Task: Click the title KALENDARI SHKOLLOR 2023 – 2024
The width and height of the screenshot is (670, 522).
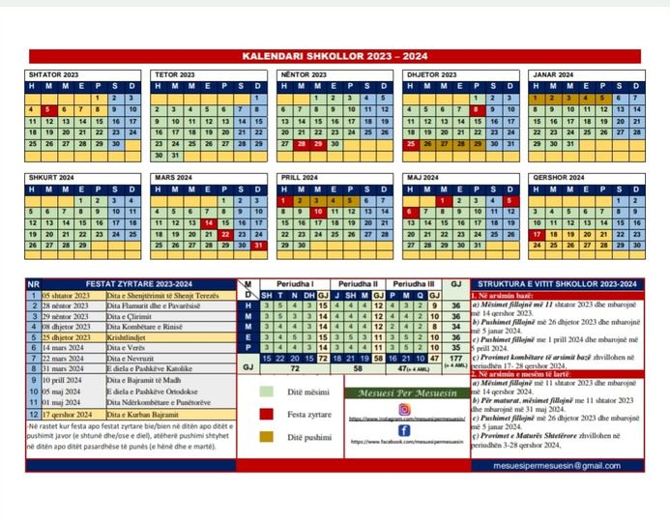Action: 335,56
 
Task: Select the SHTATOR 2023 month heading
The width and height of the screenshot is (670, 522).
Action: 55,74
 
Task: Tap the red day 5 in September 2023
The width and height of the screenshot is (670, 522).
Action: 48,110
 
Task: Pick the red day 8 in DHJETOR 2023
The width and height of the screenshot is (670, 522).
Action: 476,110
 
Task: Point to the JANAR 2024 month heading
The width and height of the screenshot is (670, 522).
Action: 553,74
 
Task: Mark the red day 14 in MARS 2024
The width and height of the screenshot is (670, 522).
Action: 208,223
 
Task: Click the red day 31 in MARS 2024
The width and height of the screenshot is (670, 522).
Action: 258,246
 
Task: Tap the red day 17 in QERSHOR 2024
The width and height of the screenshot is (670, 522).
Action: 537,235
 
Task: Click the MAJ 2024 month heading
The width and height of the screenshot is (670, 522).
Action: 422,178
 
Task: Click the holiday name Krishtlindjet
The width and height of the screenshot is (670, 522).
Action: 128,337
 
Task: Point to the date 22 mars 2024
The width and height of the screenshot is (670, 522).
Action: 66,359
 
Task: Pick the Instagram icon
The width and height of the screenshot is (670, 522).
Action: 404,408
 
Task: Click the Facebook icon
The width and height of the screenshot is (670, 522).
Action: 404,430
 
